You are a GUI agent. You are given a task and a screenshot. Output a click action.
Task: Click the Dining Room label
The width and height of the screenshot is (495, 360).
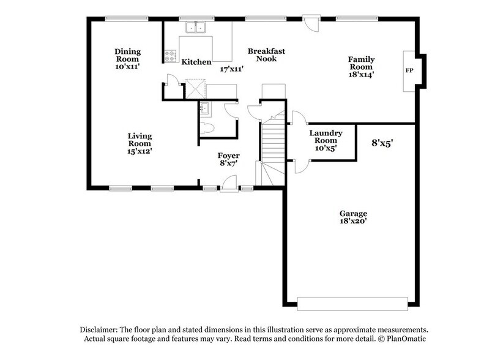click(x=128, y=55)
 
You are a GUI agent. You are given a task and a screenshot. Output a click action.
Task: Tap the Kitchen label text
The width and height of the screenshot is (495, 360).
click(x=196, y=62)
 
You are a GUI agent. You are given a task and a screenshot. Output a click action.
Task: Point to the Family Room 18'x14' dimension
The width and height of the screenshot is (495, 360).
click(x=362, y=74)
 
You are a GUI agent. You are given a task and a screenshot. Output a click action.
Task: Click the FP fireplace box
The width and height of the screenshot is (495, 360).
click(x=409, y=70)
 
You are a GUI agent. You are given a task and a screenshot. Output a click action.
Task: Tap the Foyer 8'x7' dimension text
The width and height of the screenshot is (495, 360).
click(x=229, y=163)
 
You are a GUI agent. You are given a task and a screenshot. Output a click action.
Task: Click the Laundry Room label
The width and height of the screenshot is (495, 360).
click(x=325, y=137)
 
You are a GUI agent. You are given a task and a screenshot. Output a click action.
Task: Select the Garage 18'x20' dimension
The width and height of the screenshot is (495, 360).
click(x=353, y=222)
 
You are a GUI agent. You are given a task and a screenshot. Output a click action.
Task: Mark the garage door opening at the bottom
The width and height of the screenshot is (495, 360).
click(x=352, y=301)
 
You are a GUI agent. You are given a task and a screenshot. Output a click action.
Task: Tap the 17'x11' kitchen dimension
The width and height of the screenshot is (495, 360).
click(x=232, y=69)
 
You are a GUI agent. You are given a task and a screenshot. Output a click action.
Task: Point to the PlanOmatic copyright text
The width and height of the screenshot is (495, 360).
click(x=404, y=339)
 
